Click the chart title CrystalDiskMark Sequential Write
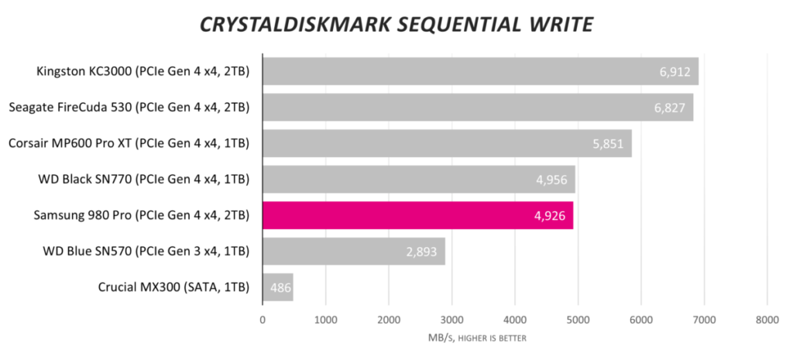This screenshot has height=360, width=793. click(x=396, y=25)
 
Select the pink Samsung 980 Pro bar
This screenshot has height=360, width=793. click(x=417, y=215)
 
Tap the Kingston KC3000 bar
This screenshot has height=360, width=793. click(x=480, y=71)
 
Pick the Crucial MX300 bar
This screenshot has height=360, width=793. click(x=277, y=287)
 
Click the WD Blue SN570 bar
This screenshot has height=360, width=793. click(x=353, y=251)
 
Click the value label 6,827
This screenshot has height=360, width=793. click(x=669, y=108)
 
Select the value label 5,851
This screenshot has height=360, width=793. click(x=608, y=144)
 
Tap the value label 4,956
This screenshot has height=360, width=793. click(x=551, y=180)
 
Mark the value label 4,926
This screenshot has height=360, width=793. click(x=549, y=215)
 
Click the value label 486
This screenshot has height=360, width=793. click(x=280, y=287)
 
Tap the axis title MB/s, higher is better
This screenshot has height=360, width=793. click(x=474, y=338)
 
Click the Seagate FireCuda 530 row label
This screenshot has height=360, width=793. click(x=129, y=108)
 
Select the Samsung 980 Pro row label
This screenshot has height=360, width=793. click(x=142, y=215)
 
